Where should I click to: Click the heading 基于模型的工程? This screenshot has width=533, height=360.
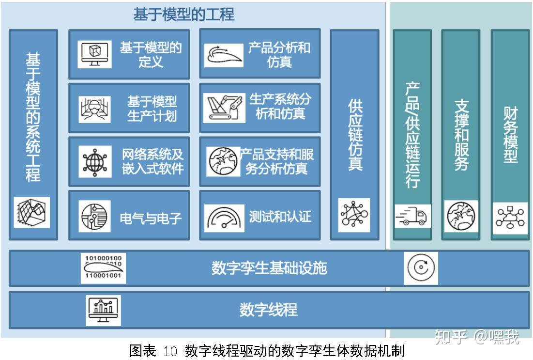184,15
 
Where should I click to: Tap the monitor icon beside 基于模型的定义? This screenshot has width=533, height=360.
95,54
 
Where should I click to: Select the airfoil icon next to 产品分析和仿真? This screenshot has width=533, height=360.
224,55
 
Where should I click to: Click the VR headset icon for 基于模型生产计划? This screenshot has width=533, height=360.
95,109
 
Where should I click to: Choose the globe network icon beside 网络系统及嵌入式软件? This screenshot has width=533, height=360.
95,161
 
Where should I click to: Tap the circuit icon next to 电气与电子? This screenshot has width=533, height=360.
95,216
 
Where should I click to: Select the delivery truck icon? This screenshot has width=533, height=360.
412,216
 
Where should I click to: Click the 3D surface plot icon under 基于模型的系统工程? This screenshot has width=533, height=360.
32,212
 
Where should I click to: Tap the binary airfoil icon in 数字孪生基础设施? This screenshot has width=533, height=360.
103,268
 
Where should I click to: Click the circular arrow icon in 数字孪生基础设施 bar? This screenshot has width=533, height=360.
421,268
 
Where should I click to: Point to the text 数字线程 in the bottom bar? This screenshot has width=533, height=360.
268,310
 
